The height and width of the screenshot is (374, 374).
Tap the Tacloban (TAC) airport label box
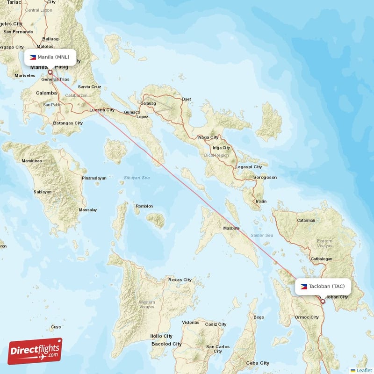click(323, 286)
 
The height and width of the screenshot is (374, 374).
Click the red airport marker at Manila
click(50, 72)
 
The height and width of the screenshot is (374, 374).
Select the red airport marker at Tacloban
click(323, 302)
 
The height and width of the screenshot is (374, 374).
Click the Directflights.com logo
click(35, 351)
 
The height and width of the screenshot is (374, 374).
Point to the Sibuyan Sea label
click(137, 178)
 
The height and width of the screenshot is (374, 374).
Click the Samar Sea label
click(261, 235)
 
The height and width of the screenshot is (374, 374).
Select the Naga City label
click(209, 137)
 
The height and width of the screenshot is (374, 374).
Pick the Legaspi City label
click(249, 166)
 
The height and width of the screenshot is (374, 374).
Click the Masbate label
click(231, 228)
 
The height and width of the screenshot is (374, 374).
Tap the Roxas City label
click(180, 280)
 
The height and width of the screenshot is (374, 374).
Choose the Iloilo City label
click(161, 336)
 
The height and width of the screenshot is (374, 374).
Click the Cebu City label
click(258, 363)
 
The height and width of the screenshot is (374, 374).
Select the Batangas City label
click(68, 123)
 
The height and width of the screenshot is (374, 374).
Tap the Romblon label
click(144, 206)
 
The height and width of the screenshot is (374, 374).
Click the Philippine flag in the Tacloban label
click(304, 286)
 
